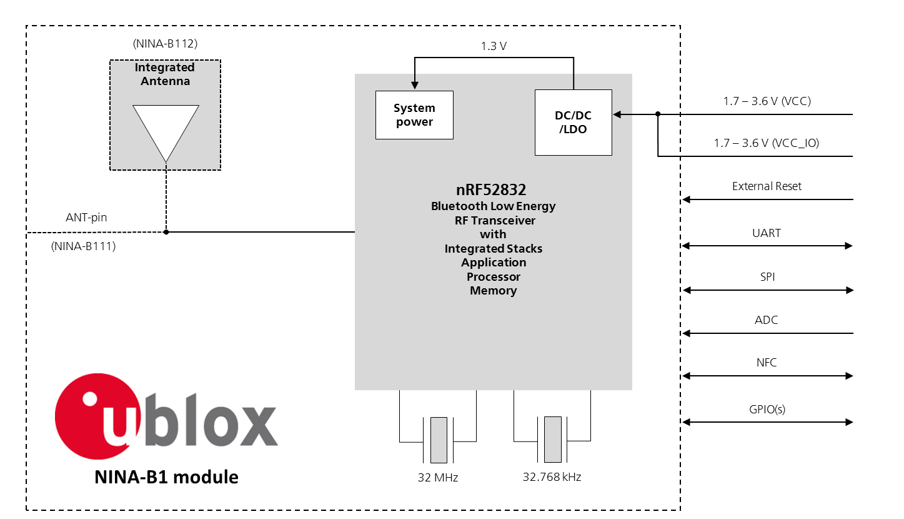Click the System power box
[414, 115]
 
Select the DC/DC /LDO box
[573, 123]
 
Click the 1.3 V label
[493, 46]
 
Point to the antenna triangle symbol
[166, 128]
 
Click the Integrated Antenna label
[165, 74]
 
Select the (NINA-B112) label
[165, 44]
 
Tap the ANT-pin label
[86, 218]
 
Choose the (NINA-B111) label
[83, 246]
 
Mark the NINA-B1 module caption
[166, 477]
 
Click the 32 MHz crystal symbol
[439, 440]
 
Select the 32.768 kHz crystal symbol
[552, 440]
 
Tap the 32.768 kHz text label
[552, 477]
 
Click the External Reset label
[767, 186]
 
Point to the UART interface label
[767, 233]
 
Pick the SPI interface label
[767, 277]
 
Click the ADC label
[767, 320]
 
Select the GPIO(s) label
[767, 410]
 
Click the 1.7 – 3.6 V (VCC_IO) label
[767, 143]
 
